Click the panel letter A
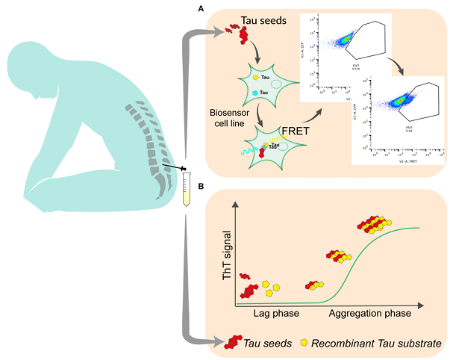201,8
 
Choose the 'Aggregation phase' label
370,314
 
